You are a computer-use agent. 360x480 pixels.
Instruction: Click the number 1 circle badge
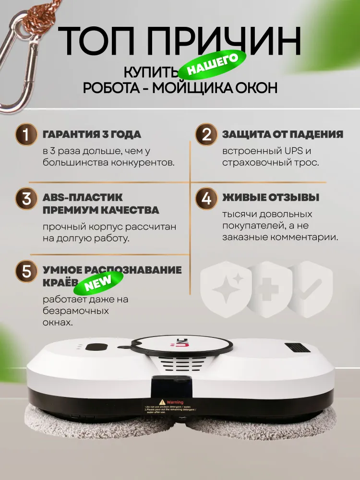click(x=27, y=135)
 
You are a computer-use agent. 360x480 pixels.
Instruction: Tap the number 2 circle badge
click(x=206, y=135)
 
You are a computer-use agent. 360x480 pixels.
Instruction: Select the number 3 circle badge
click(x=27, y=199)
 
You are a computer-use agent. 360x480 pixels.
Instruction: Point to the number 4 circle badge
click(x=206, y=199)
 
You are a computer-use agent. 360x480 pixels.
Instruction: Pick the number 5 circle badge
click(x=27, y=271)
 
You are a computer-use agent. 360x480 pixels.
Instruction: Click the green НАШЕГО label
click(x=212, y=66)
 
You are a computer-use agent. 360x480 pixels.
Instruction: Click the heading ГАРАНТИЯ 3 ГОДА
click(x=92, y=134)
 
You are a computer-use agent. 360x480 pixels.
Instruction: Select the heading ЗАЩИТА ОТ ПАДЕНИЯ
click(x=282, y=134)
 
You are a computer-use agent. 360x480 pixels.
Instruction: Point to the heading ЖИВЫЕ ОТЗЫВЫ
click(x=271, y=198)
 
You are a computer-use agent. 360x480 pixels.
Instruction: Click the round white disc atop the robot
click(x=183, y=345)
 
